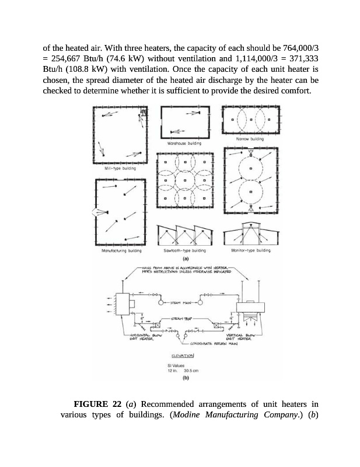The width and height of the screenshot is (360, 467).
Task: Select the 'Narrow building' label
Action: [250, 139]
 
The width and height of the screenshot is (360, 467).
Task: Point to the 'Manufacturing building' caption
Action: [118, 250]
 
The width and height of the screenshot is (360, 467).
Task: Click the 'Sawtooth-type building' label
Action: [185, 250]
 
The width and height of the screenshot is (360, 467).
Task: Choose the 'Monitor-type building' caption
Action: [251, 250]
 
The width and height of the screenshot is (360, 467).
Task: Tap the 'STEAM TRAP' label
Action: [181, 319]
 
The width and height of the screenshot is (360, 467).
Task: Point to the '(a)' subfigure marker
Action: [185, 257]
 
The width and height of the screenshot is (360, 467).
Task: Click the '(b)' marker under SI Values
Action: [186, 378]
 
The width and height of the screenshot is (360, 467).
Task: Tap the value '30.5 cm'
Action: [192, 371]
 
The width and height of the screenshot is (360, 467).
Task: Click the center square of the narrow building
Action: [250, 120]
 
